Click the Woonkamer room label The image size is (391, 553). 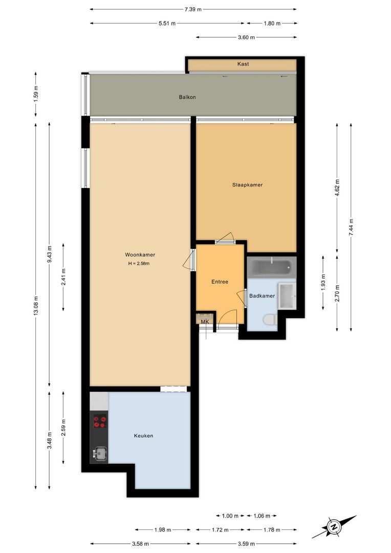(x=140, y=254)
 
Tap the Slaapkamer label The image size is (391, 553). (x=247, y=185)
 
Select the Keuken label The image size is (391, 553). (x=143, y=436)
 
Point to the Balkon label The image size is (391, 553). (x=187, y=97)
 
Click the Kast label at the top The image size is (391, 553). (x=243, y=64)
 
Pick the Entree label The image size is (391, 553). (x=220, y=282)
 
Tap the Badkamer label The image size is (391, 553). (x=262, y=296)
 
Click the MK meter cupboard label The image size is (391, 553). (x=205, y=322)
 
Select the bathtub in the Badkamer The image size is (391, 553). (x=271, y=267)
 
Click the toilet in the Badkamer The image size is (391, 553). (x=270, y=320)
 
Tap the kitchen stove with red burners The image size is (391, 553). (x=99, y=422)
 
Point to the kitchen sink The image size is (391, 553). (x=99, y=453)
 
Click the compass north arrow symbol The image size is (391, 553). (x=334, y=526)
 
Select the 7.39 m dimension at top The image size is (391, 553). (x=193, y=9)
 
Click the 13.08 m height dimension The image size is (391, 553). (x=35, y=306)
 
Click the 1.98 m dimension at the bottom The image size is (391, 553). (x=163, y=530)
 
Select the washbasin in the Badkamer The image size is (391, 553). (x=287, y=295)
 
